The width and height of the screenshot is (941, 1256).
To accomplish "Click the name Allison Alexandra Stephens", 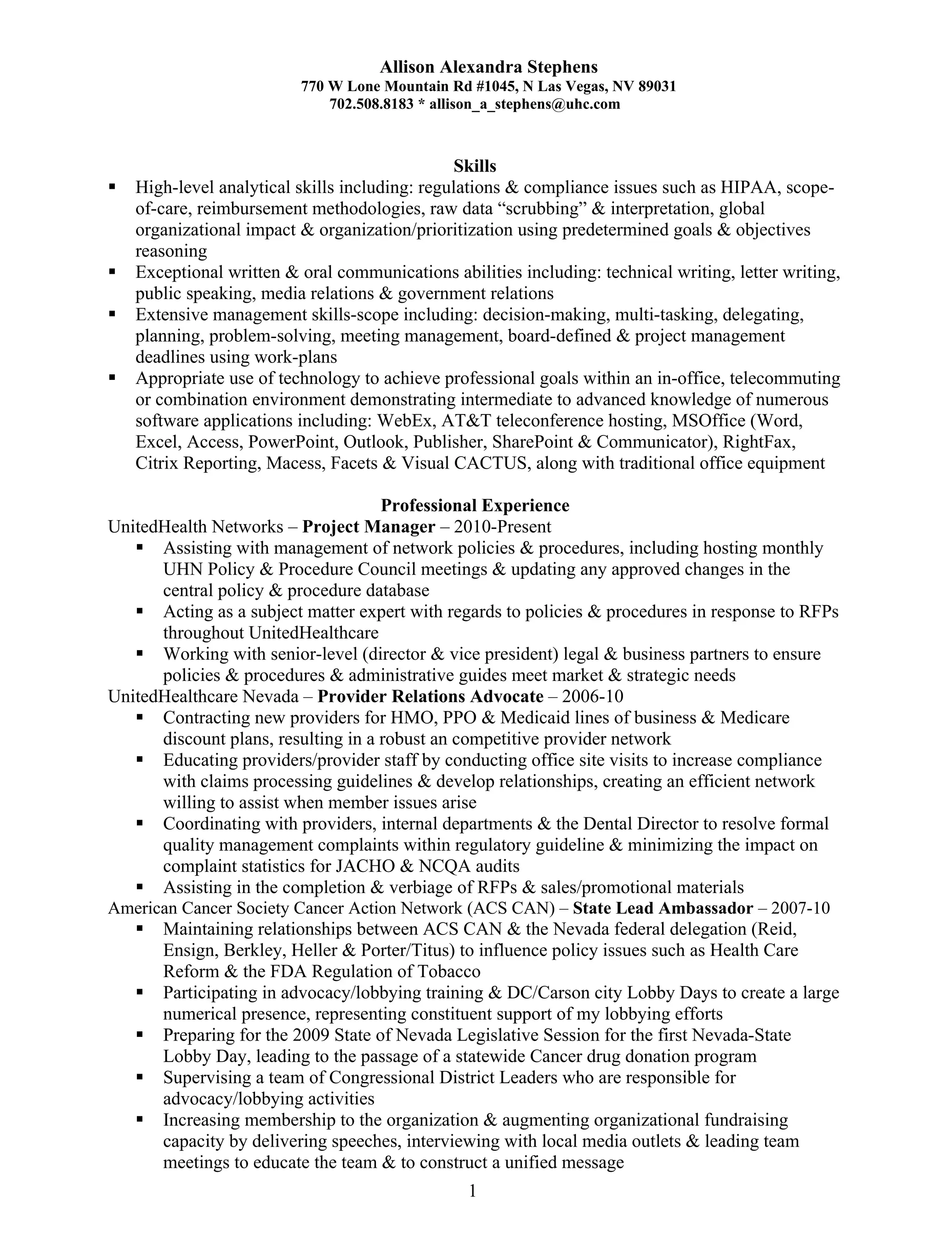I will pos(488,68).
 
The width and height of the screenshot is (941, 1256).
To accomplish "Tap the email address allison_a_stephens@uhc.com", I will pos(524,104).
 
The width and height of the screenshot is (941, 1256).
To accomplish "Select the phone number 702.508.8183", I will pos(371,104).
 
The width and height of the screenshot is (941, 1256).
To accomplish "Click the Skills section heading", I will pos(475,166).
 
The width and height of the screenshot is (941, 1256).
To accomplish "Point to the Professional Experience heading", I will pos(475,505).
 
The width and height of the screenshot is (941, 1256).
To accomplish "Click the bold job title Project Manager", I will pos(368,527).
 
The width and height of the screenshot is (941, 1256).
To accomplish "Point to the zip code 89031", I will pos(657,87).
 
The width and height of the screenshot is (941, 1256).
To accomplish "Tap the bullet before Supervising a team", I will pos(140,1077).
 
